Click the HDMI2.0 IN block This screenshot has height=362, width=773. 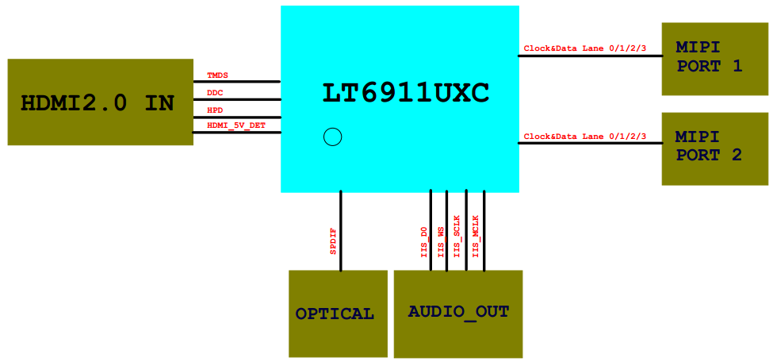100,102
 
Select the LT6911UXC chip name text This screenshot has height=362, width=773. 405,93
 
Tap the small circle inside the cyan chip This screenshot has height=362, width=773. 333,137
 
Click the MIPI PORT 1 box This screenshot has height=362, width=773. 714,59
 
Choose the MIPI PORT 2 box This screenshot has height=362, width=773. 714,148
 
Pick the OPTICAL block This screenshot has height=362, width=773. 338,314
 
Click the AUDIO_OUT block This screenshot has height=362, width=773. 458,313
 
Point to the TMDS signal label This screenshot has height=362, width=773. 217,75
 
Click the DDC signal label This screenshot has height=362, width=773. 215,93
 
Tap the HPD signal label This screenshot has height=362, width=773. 215,110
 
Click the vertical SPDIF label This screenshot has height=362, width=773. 333,241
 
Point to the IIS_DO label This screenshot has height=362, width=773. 424,241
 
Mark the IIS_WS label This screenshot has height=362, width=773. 441,241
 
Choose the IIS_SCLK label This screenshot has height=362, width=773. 457,237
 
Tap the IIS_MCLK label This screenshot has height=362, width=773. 476,236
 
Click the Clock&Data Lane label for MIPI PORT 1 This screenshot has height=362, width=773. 585,48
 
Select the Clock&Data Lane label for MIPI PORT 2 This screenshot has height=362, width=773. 585,137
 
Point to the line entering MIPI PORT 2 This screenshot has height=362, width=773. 591,144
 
